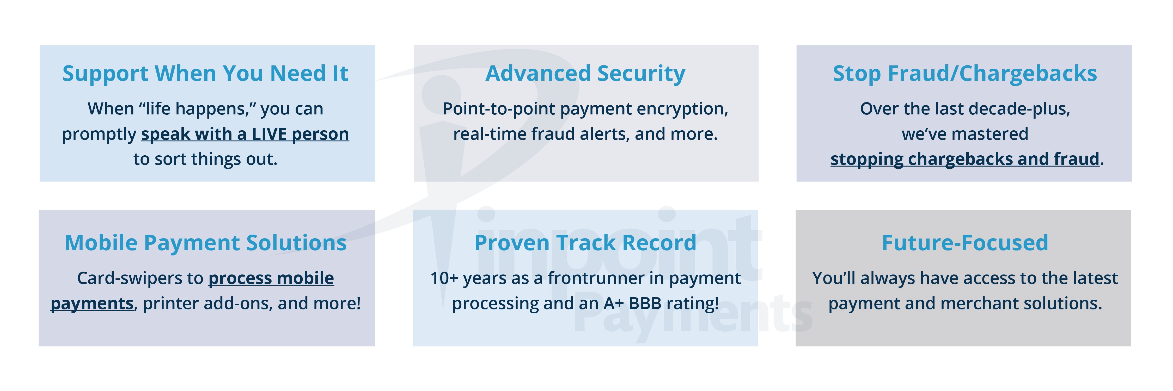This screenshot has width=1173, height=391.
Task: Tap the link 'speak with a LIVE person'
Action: pos(245,134)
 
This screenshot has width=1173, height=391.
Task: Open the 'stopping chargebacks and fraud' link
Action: pos(965,159)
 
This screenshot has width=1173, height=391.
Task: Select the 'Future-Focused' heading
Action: pos(965,243)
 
